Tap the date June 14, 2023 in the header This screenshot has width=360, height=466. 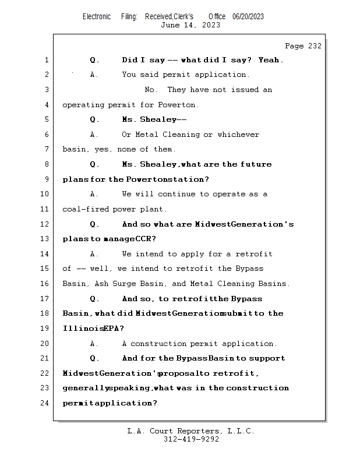coord(190,25)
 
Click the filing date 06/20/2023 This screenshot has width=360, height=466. coord(248,16)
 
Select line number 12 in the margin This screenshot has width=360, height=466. coord(46,224)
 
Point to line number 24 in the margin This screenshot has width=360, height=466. coord(46,403)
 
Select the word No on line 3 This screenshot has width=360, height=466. coord(150,90)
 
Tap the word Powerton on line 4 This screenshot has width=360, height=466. coord(178,105)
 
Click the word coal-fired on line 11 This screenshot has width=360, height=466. coord(85,209)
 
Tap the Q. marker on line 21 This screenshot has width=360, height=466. coord(95,358)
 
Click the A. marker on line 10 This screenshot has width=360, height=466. coord(94,194)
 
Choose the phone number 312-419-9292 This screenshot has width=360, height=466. coord(190,439)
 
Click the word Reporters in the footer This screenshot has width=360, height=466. coord(192,431)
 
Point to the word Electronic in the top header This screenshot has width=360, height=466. coord(97,16)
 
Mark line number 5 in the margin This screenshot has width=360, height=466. coord(46,119)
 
